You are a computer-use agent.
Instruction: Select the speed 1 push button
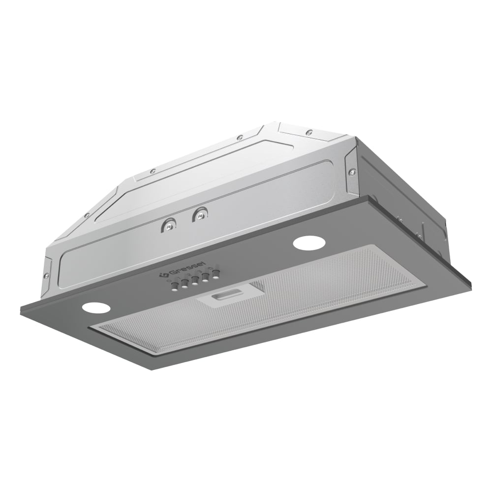(184, 283)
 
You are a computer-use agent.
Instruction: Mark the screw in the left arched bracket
(169, 226)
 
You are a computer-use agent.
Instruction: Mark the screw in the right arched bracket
(200, 215)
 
